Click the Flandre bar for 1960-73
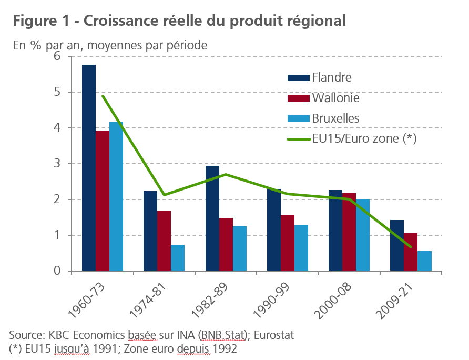point(89,168)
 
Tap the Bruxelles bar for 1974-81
point(178,258)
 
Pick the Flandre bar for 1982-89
point(212,218)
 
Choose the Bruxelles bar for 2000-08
point(363,235)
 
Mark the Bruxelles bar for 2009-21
point(424,261)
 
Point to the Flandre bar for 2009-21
point(397,245)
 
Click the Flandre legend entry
point(331,77)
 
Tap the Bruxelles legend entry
point(335,118)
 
